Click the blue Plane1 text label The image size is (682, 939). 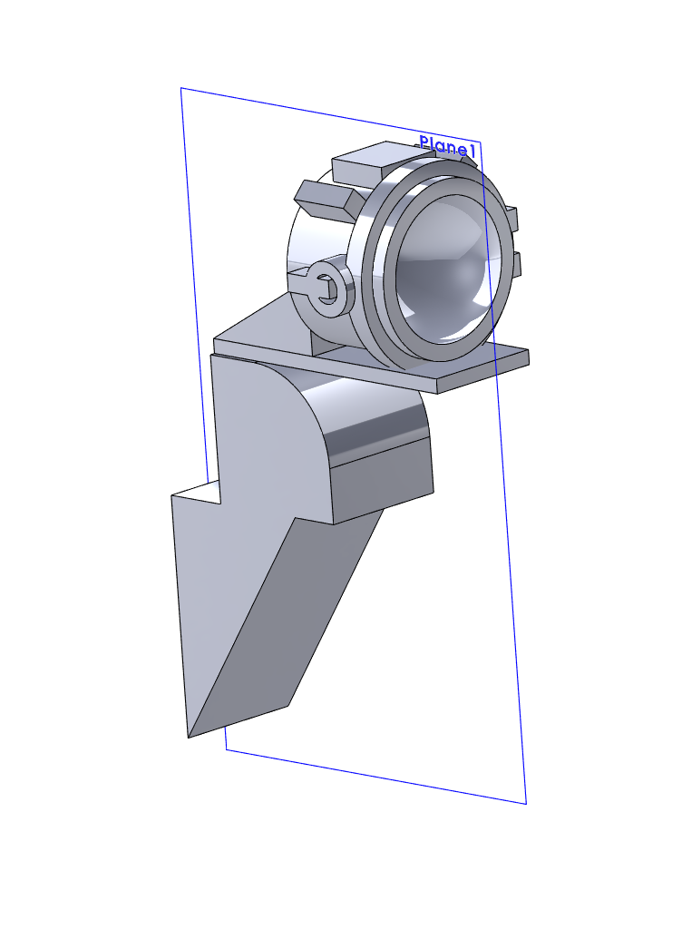[x=447, y=147]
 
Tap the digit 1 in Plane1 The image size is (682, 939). [x=472, y=151]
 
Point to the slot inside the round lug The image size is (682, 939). [x=326, y=289]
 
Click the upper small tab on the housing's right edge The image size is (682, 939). [x=512, y=218]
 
